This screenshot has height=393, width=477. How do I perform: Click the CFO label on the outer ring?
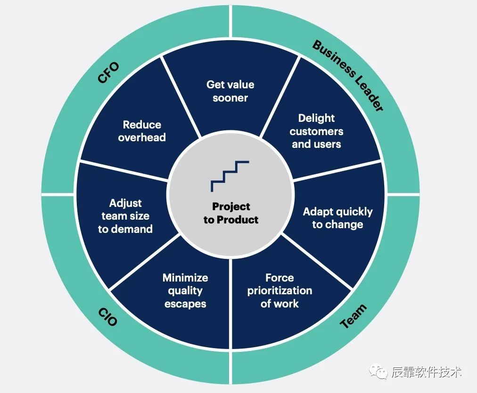point(108,72)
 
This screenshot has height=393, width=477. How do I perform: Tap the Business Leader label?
point(348,76)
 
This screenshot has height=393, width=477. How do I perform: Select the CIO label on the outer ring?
point(108,316)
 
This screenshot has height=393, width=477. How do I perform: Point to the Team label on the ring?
point(353,316)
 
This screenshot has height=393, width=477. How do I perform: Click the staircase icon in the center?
point(230,176)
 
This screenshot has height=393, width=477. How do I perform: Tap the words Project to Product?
point(231,213)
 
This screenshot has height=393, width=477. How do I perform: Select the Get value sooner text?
point(230,91)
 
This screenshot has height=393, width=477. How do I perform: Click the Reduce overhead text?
point(142,131)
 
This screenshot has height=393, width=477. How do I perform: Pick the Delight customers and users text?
point(316,131)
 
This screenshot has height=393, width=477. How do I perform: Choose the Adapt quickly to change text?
point(337,218)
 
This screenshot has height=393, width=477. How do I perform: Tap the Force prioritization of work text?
point(280,290)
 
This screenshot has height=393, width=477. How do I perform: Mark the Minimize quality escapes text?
point(185,290)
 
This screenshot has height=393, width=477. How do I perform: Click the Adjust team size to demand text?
point(125,216)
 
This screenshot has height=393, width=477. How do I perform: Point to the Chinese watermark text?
point(426,372)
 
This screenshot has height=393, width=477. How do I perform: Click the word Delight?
point(316,118)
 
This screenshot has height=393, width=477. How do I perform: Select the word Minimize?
point(185,278)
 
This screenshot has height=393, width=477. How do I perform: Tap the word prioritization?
point(280,290)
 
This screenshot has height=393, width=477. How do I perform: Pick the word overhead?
point(142,137)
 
